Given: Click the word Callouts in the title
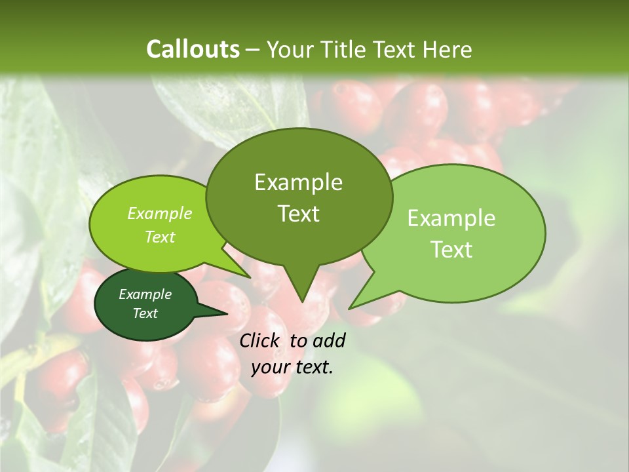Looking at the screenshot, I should [193, 49].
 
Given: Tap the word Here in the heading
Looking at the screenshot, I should [448, 49].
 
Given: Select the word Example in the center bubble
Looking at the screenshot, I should [298, 182].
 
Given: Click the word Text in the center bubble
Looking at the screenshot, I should [298, 213].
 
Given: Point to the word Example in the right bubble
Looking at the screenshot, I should [451, 218].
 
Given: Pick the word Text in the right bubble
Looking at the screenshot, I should [451, 249].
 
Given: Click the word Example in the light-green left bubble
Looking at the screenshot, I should [159, 213].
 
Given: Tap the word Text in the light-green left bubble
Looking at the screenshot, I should [159, 237].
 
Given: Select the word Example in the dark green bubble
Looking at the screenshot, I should [145, 294].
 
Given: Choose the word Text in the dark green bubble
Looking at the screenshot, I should [145, 313].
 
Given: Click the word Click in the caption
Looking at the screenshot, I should [260, 340].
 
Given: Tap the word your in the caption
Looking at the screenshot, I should [270, 368].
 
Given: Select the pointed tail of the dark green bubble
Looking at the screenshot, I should [225, 313].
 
